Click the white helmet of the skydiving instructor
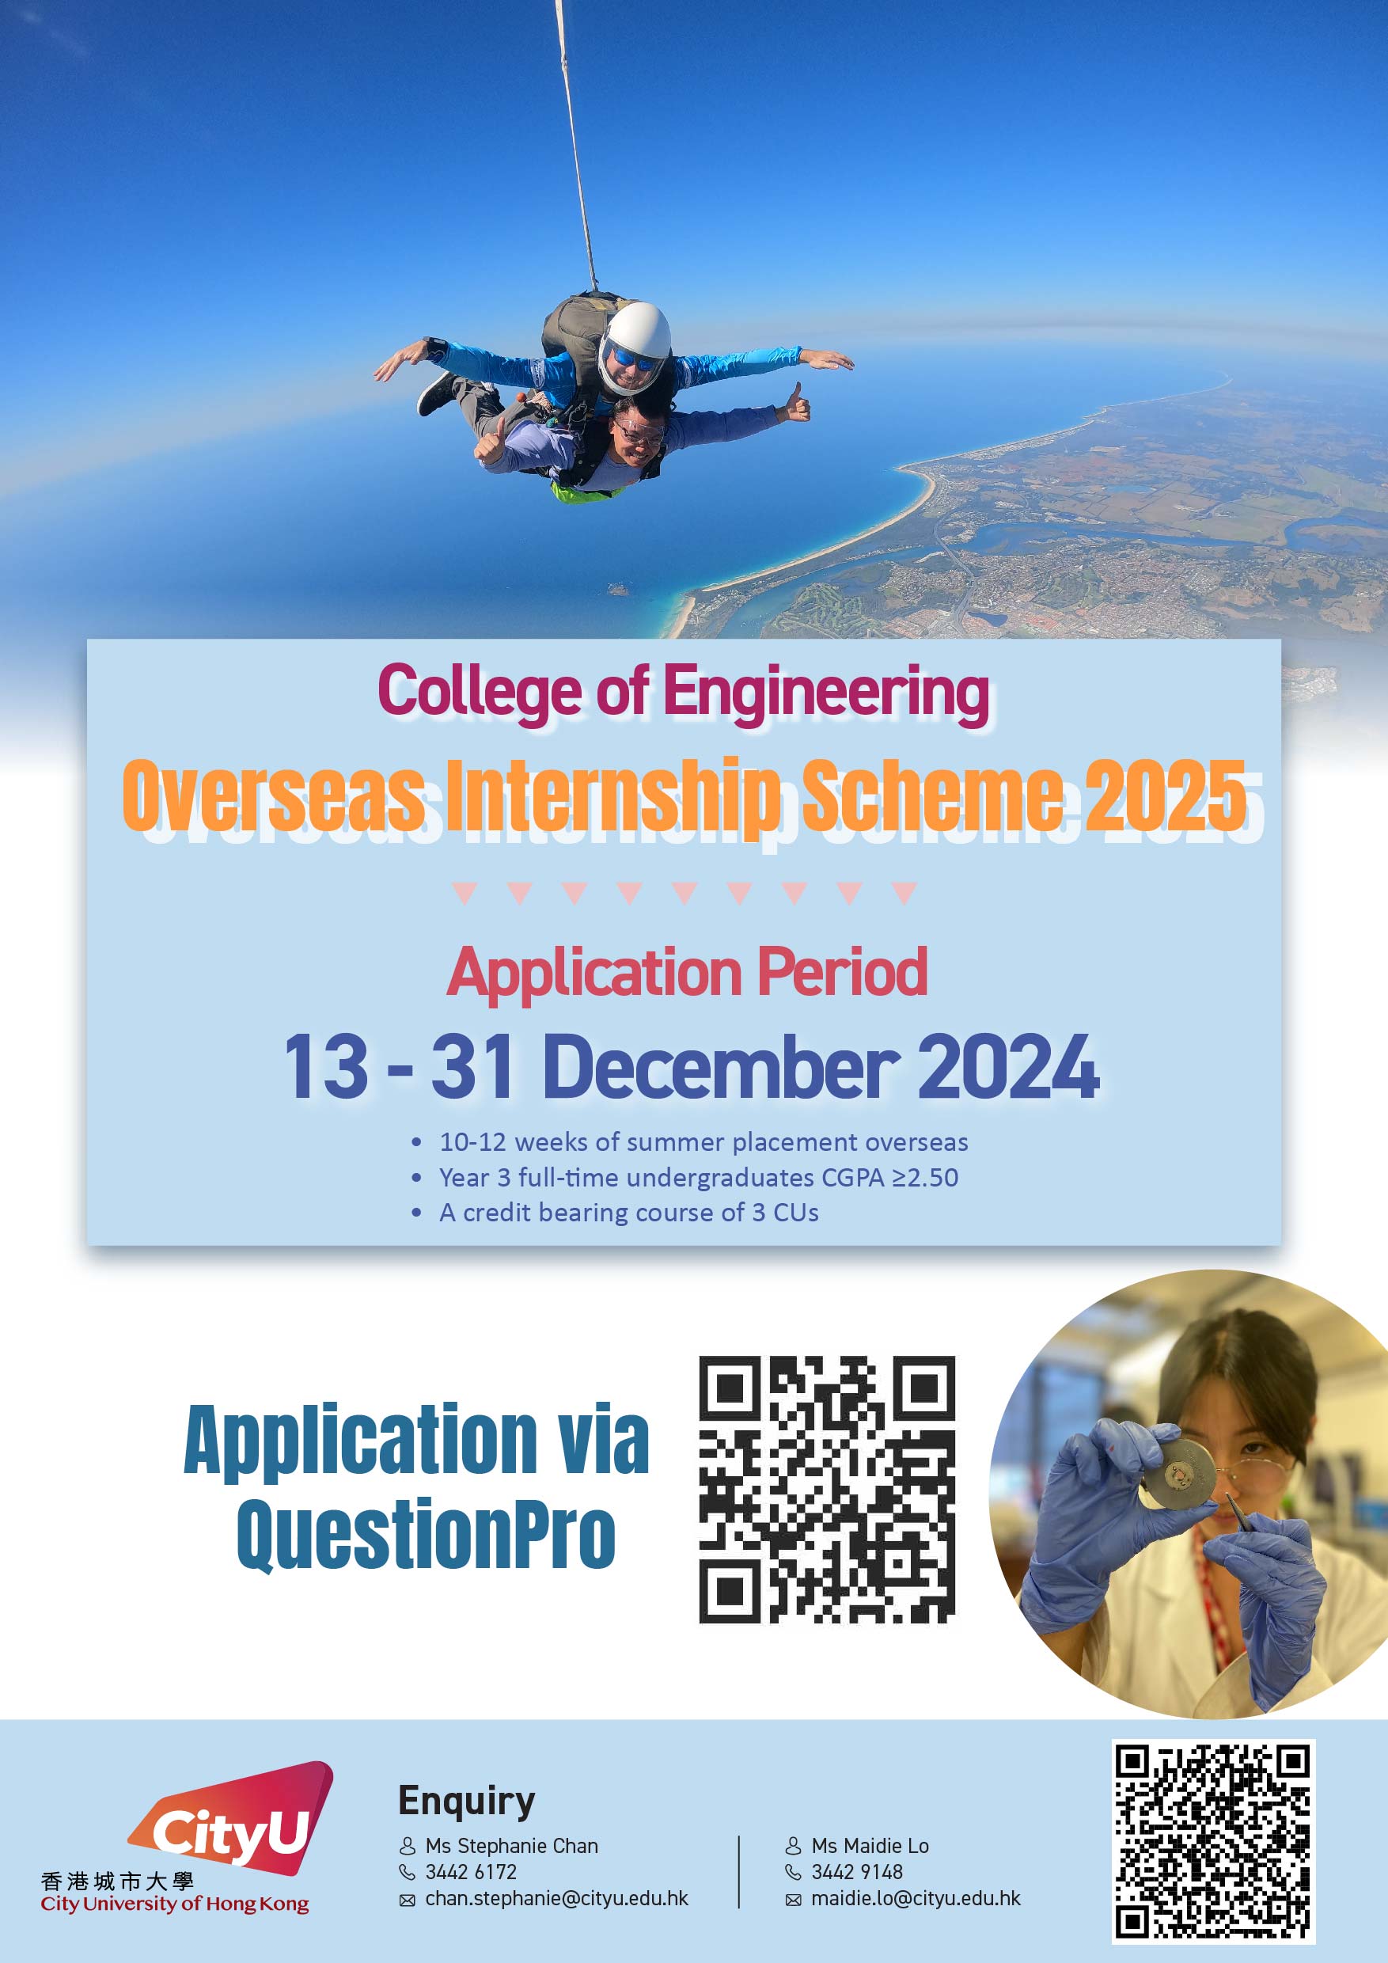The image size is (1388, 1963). click(x=635, y=345)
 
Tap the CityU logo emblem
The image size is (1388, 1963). click(x=231, y=1817)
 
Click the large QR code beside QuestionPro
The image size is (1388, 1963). click(x=826, y=1489)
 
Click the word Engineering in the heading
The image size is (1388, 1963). click(x=826, y=693)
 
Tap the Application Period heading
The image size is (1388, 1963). click(x=687, y=972)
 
